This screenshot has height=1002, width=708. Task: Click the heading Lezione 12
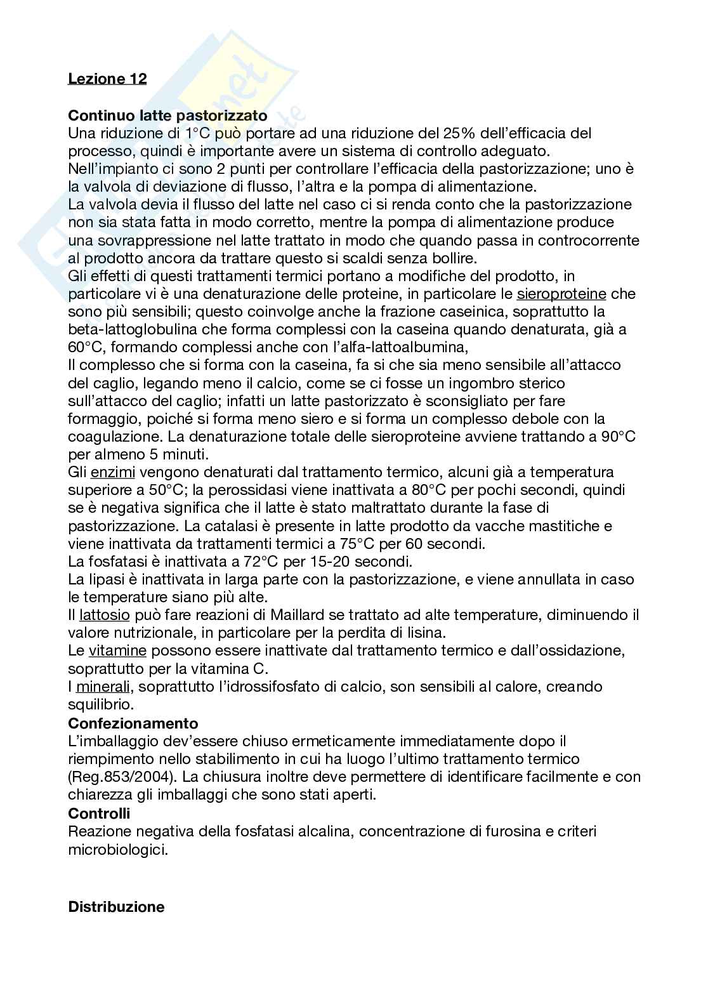point(107,79)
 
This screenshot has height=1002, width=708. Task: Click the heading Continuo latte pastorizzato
point(167,116)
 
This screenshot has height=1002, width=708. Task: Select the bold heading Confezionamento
point(133,723)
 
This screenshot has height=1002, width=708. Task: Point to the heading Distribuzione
point(116,907)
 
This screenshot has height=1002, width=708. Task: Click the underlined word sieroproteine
point(561,294)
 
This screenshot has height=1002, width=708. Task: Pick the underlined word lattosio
point(105,615)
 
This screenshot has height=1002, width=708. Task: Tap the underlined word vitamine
point(117,650)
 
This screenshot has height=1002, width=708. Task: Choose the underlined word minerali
point(105,687)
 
